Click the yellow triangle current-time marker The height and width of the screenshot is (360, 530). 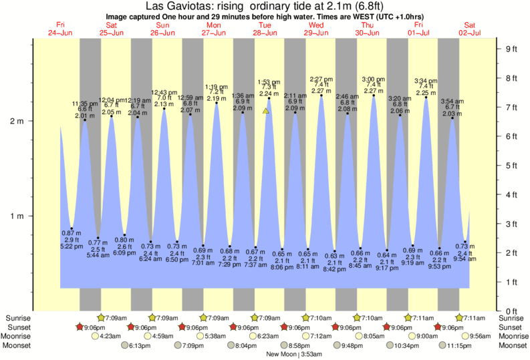(x=266, y=111)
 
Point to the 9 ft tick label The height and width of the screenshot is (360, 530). (x=513, y=49)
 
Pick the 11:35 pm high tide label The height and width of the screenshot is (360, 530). (x=85, y=104)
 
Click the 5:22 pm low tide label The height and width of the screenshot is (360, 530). (x=72, y=246)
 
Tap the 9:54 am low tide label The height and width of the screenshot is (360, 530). (x=465, y=259)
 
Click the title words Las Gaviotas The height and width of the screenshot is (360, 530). (x=176, y=7)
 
